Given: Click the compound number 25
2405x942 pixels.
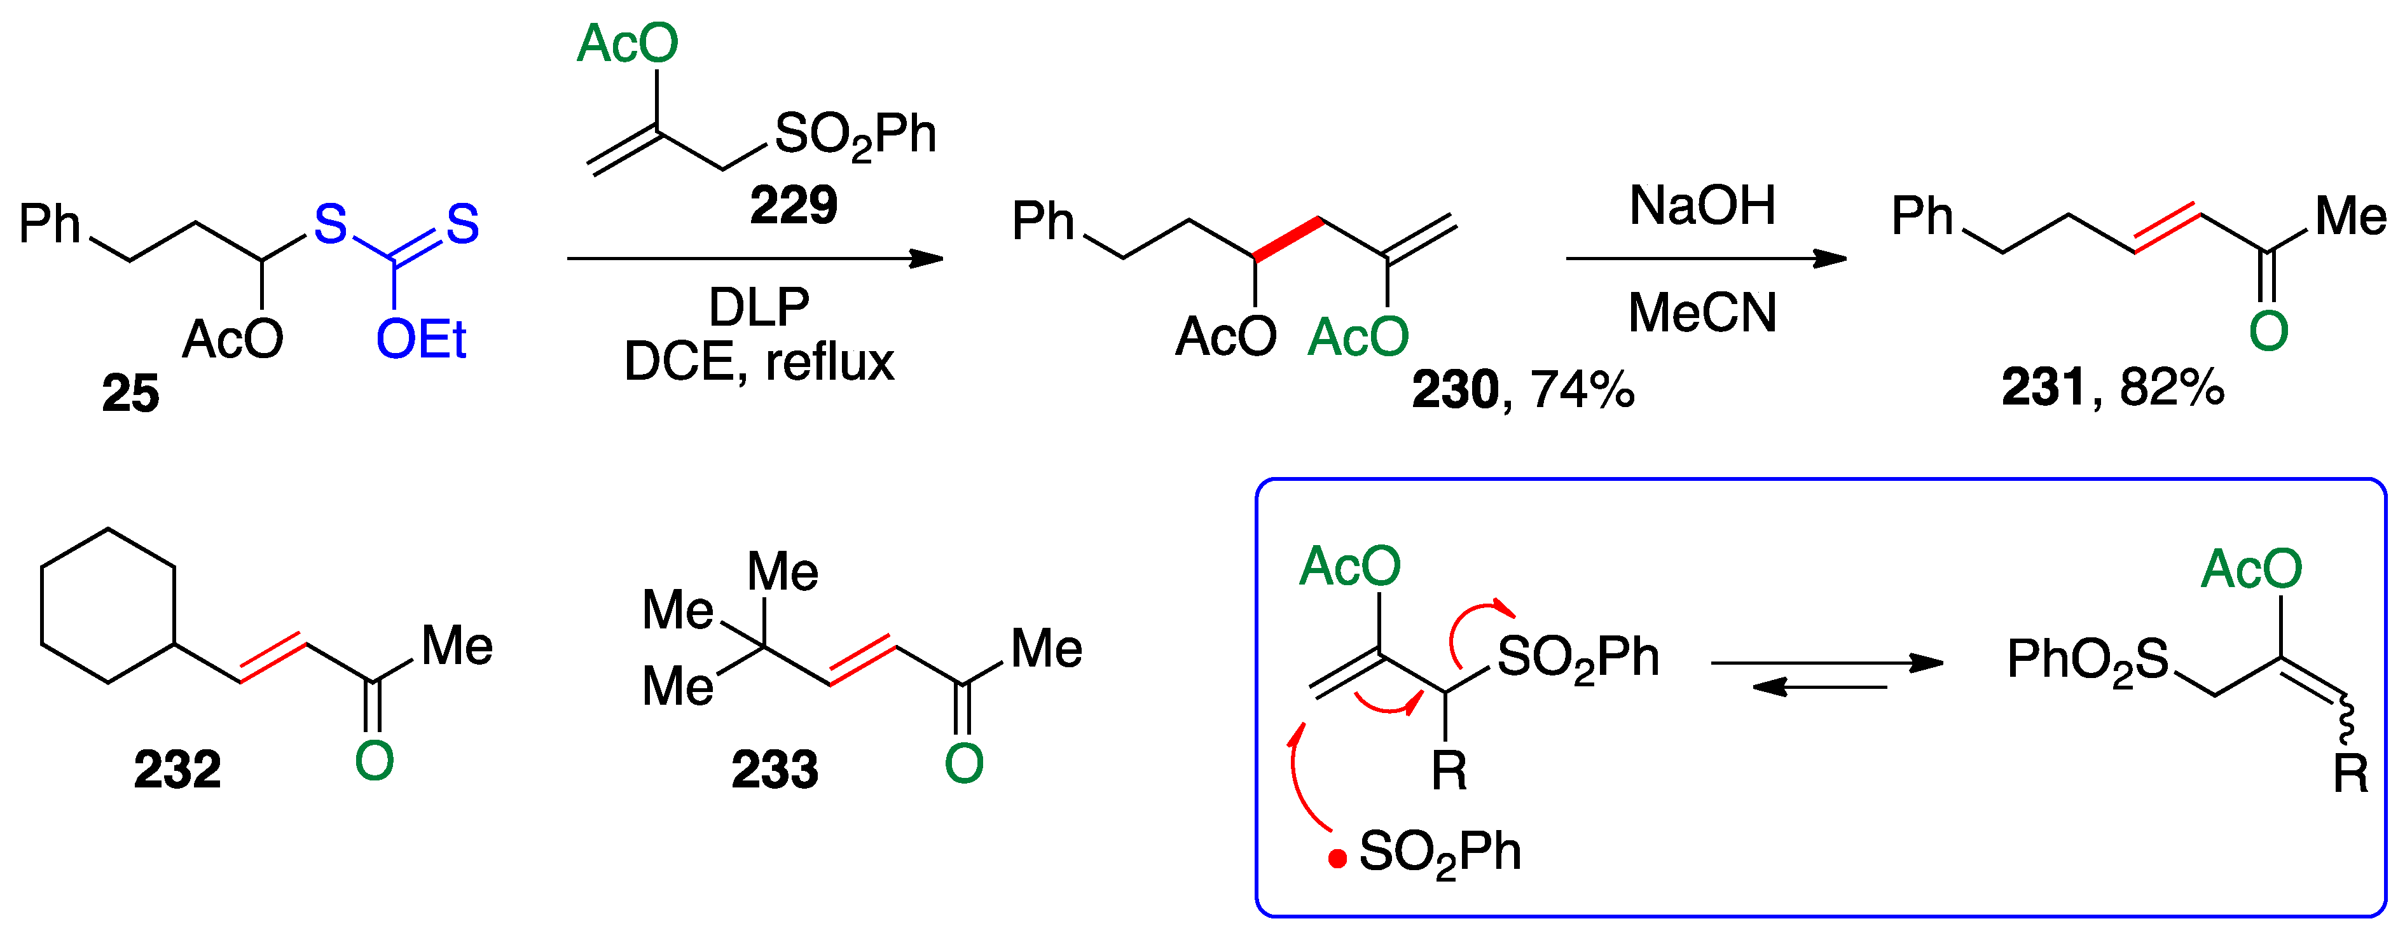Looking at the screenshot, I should (131, 393).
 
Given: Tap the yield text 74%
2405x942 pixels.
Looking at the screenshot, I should (1583, 389).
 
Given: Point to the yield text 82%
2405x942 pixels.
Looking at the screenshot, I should (2172, 387).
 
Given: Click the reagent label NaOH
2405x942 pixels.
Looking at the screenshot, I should (1702, 205).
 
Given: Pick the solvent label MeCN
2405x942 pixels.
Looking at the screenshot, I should (1702, 313).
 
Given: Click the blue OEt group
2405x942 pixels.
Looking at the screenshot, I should (420, 339).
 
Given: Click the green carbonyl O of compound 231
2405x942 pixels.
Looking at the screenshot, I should (2268, 331).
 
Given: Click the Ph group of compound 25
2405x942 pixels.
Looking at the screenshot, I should (50, 224).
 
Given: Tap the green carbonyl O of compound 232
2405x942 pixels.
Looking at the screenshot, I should (375, 761).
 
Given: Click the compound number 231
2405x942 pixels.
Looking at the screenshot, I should (2043, 387).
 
